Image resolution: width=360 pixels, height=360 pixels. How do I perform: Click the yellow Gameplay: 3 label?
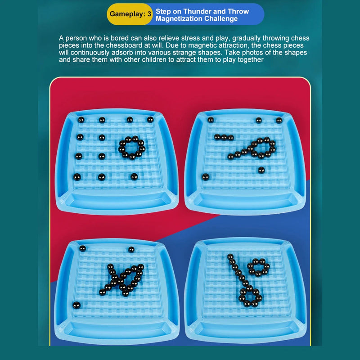tap(130, 14)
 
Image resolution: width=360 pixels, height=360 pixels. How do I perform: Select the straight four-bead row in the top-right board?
tap(224, 138)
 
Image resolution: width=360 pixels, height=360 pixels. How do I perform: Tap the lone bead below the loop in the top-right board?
tap(261, 170)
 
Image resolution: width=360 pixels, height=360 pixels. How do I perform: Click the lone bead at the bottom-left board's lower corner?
tap(76, 305)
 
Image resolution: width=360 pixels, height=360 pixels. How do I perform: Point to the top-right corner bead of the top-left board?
tap(150, 119)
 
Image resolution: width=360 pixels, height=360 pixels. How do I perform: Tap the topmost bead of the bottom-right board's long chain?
tap(230, 256)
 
